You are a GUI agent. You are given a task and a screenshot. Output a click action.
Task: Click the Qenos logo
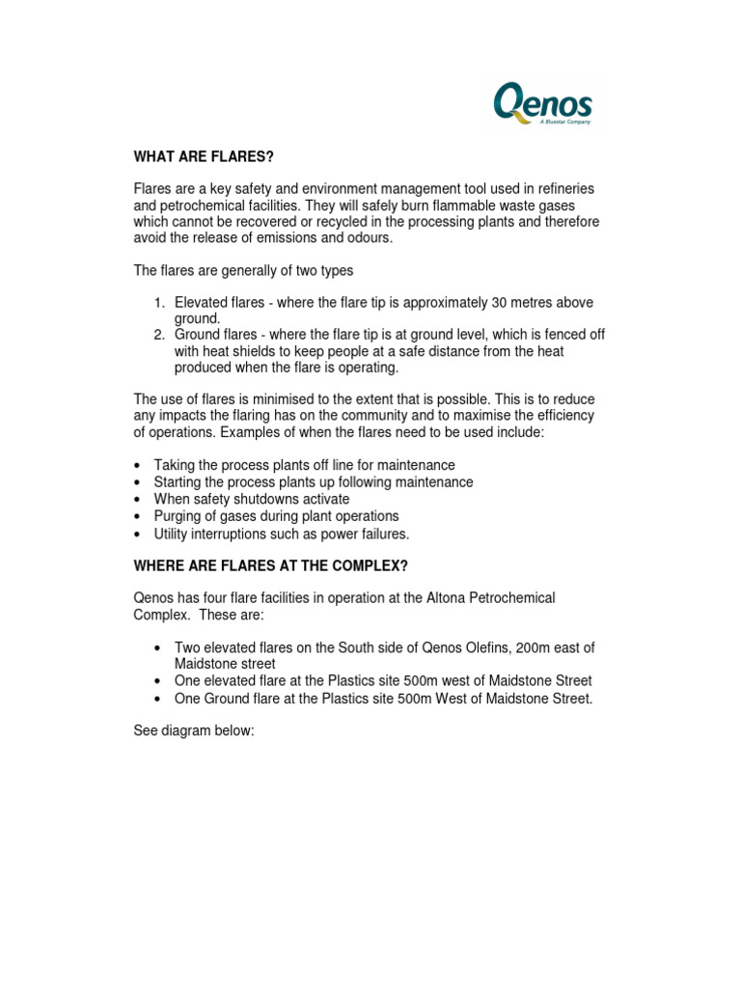coord(542,103)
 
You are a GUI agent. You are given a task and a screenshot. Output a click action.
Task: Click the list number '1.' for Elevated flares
coord(160,303)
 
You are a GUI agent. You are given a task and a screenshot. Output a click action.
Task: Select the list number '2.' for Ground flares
coord(160,335)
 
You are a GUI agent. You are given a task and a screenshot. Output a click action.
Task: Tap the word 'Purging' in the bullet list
coord(179,516)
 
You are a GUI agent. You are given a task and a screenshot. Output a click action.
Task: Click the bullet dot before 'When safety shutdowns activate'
coord(140,500)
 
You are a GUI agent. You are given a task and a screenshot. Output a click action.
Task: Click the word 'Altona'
coord(448,598)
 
